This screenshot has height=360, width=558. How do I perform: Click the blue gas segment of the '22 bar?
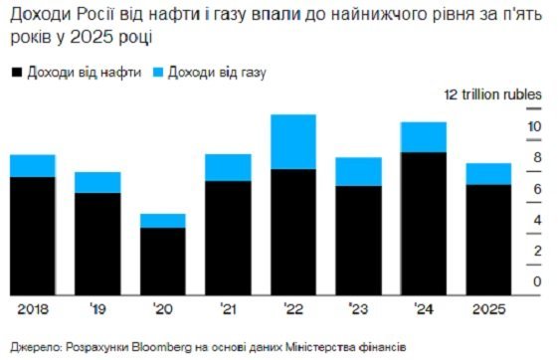(292, 142)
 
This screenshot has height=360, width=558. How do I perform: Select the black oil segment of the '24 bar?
(423, 223)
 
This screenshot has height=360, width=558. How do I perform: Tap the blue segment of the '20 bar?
(162, 221)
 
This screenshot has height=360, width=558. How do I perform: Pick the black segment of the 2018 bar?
(32, 236)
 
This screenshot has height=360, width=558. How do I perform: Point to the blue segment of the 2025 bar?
(488, 174)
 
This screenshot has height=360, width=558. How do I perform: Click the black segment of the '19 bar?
(97, 244)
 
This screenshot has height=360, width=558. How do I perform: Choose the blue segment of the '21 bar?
(228, 167)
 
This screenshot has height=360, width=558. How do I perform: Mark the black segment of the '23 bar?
(358, 240)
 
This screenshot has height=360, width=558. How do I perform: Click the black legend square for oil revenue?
(16, 74)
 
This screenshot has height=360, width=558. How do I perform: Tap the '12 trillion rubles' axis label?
(492, 94)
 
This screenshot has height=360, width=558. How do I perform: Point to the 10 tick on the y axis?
(534, 126)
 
